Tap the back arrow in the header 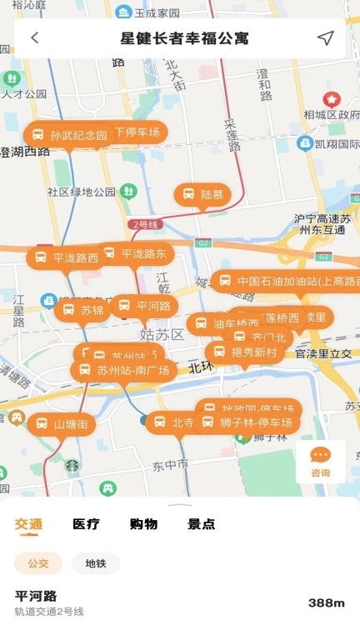35,38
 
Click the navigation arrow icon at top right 325,38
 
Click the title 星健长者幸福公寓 184,38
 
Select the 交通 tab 28,524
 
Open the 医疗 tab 86,524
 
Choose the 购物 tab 143,524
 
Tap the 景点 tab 201,524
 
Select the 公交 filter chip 38,563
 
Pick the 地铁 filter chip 96,563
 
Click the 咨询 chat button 320,461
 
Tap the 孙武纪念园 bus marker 70,135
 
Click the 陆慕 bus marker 202,194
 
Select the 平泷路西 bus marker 66,257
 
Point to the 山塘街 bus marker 62,424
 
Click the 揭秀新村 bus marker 244,352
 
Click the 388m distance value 326,602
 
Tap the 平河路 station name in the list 36,596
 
